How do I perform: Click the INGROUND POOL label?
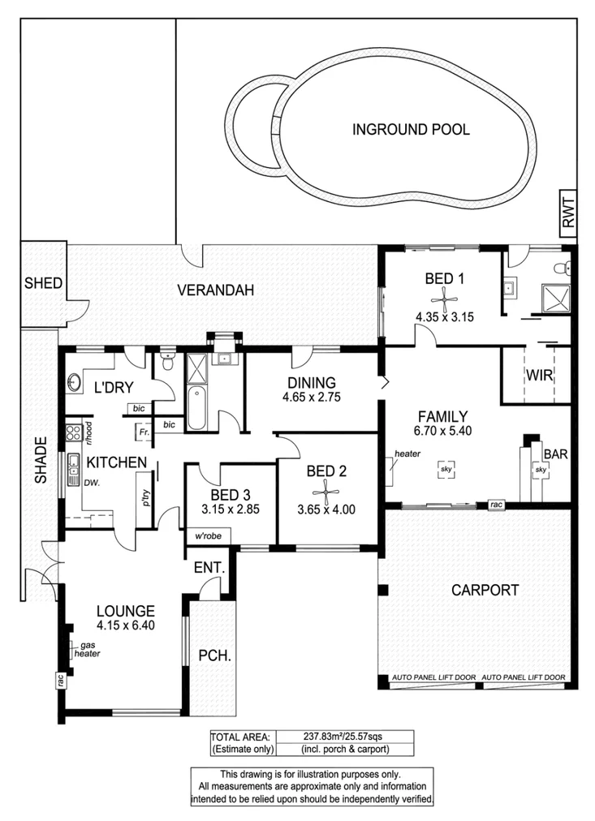tap(411, 129)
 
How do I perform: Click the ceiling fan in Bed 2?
tap(326, 491)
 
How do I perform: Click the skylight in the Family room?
tap(446, 469)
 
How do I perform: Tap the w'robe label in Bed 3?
tap(208, 536)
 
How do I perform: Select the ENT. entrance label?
tap(209, 570)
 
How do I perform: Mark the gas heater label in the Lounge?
tap(86, 648)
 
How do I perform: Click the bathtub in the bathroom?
tap(197, 409)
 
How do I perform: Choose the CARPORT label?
tap(485, 590)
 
